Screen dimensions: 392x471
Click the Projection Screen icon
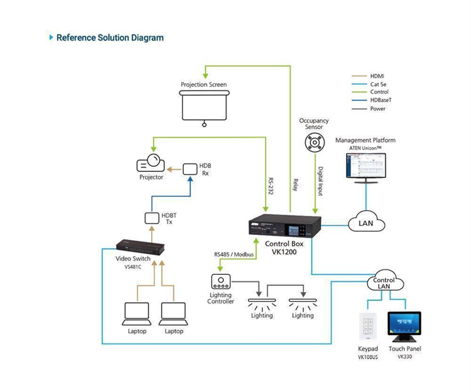tap(203, 105)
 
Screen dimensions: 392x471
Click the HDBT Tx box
tap(151, 217)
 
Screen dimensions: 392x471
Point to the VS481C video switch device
tap(140, 246)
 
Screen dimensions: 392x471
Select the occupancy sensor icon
tap(314, 141)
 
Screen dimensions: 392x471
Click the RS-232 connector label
tap(271, 186)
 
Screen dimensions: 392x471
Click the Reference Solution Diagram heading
tap(110, 38)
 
